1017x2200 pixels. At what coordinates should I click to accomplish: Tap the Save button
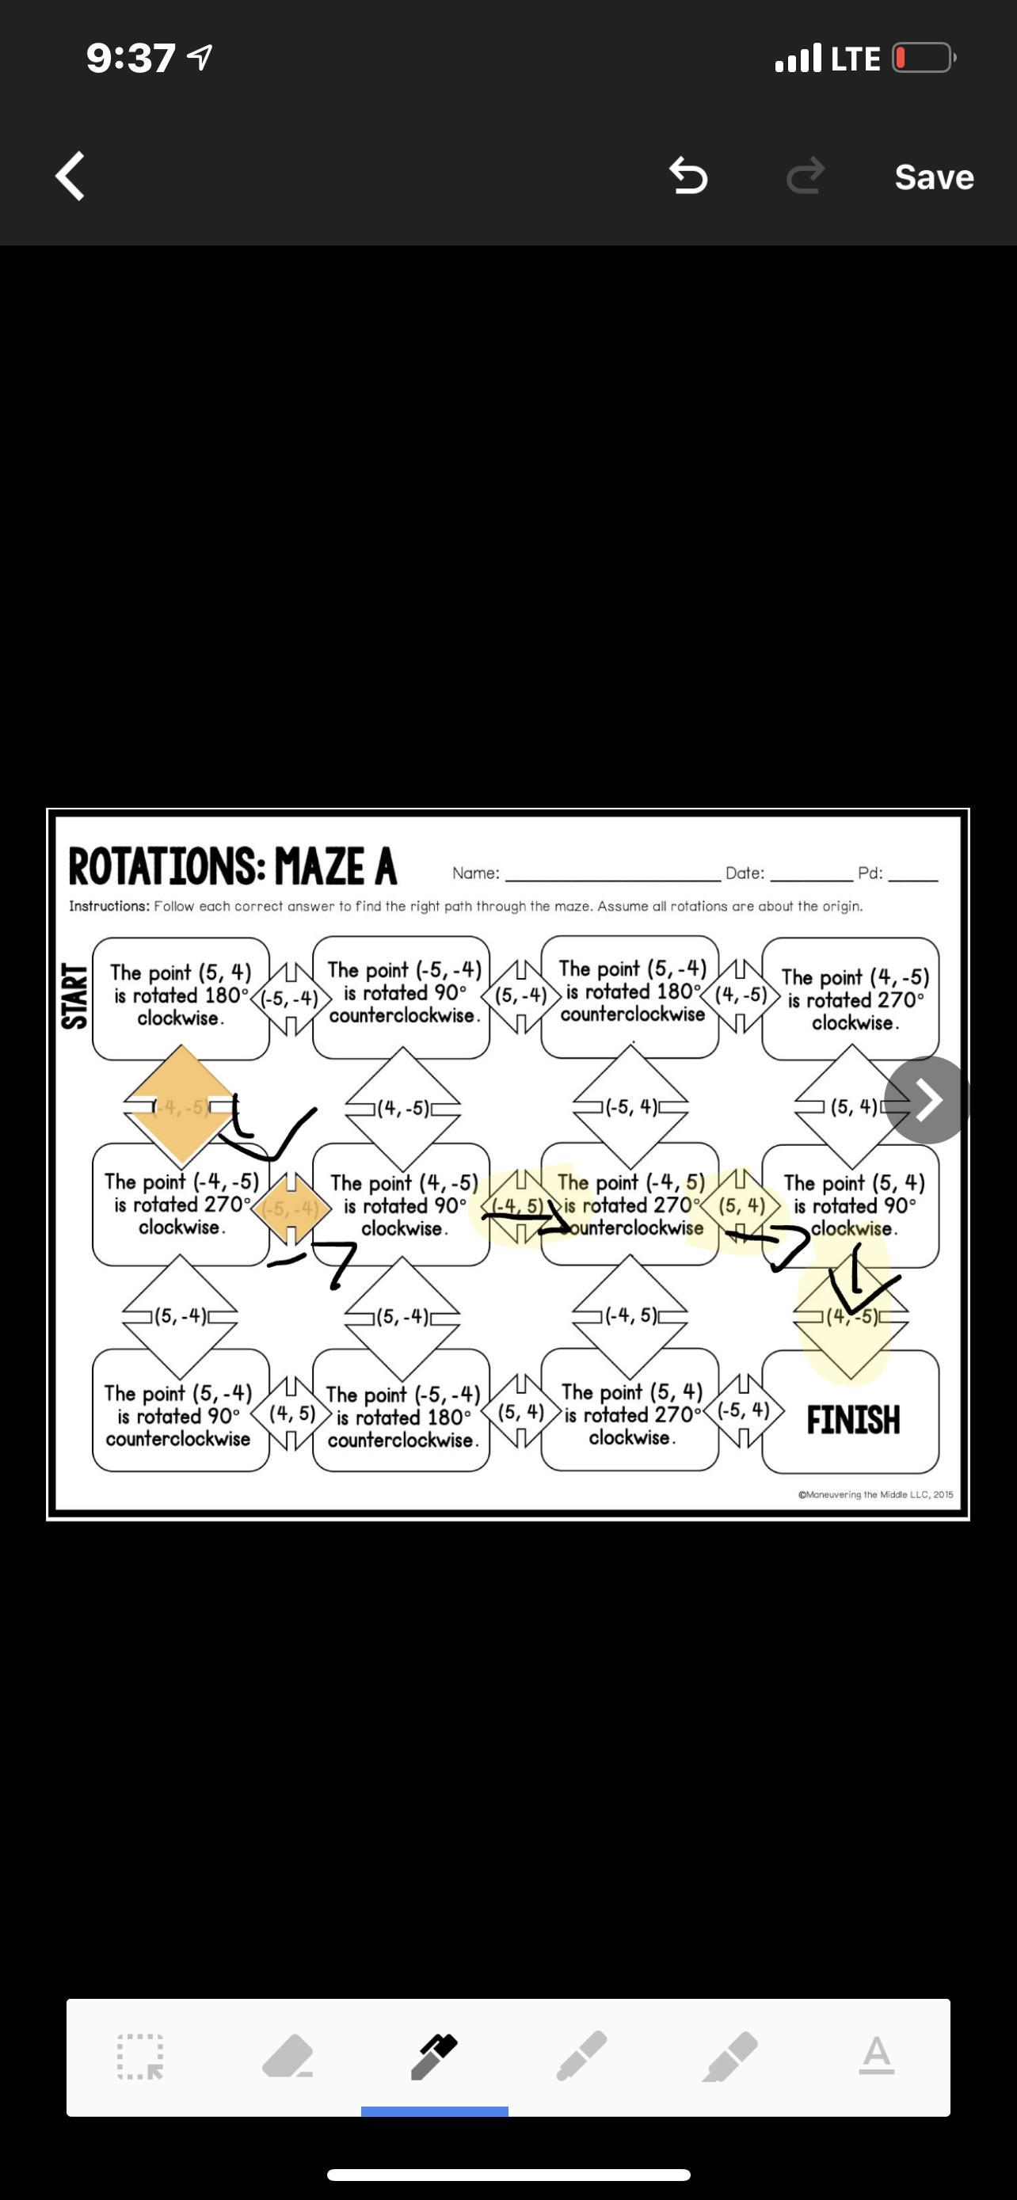933,177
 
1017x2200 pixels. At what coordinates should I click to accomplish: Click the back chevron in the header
70,176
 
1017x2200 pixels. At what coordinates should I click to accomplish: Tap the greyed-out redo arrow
805,176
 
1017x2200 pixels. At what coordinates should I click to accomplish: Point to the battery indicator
923,58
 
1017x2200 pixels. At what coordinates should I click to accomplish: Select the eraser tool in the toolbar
287,2056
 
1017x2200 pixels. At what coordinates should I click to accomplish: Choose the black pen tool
434,2056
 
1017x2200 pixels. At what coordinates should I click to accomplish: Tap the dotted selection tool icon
140,2057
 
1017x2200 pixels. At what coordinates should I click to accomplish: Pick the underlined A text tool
876,2056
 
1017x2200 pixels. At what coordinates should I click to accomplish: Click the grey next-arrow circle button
927,1099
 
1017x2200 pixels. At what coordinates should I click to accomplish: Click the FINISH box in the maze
852,1419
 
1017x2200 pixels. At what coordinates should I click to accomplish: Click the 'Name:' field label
475,873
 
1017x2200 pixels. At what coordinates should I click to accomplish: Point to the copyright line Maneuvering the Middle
875,1494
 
